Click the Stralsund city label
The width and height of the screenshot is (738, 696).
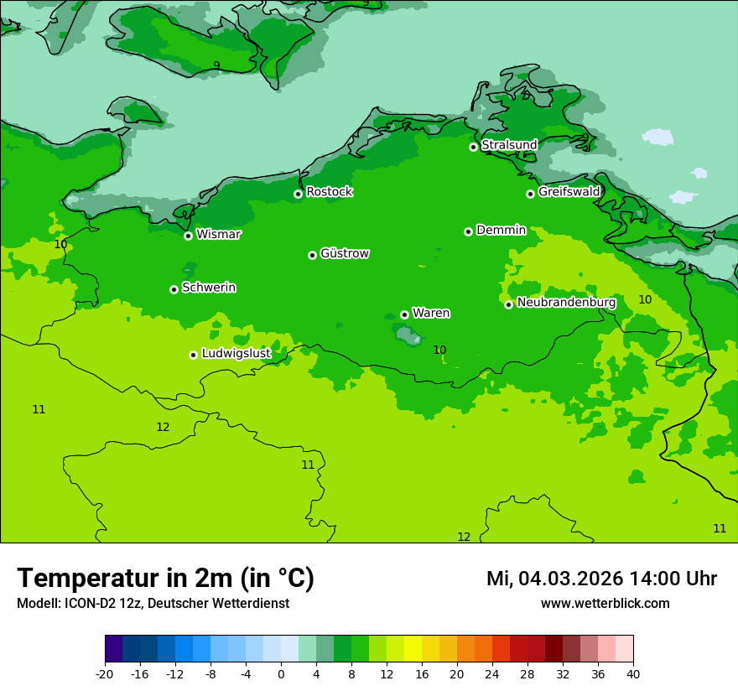pyautogui.click(x=509, y=145)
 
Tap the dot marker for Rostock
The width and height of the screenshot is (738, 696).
pyautogui.click(x=298, y=194)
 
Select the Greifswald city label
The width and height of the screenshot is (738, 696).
pyautogui.click(x=569, y=192)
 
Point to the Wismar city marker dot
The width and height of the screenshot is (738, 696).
pyautogui.click(x=189, y=236)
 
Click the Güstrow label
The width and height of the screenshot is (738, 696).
pyautogui.click(x=345, y=253)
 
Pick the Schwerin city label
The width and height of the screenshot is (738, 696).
pyautogui.click(x=209, y=288)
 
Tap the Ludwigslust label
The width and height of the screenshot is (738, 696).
pyautogui.click(x=236, y=354)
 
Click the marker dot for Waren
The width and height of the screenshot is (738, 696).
pyautogui.click(x=404, y=314)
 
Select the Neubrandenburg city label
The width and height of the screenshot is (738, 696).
pyautogui.click(x=566, y=303)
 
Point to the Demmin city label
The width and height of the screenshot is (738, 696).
pyautogui.click(x=501, y=230)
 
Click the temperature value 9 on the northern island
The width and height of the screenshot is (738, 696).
pyautogui.click(x=216, y=65)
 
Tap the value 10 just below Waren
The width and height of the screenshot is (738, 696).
pyautogui.click(x=439, y=350)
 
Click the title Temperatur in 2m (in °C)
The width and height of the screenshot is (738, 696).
pyautogui.click(x=165, y=579)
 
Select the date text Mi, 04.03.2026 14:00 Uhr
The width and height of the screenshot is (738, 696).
pyautogui.click(x=601, y=579)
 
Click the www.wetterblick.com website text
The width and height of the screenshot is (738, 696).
pyautogui.click(x=605, y=604)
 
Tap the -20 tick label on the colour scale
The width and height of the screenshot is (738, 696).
pyautogui.click(x=105, y=673)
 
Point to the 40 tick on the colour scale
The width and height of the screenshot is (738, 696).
pyautogui.click(x=633, y=673)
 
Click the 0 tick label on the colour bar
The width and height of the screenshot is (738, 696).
pyautogui.click(x=281, y=673)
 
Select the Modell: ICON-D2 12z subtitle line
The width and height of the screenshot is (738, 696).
pyautogui.click(x=153, y=604)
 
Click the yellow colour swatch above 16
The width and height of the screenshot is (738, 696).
pyautogui.click(x=421, y=649)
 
